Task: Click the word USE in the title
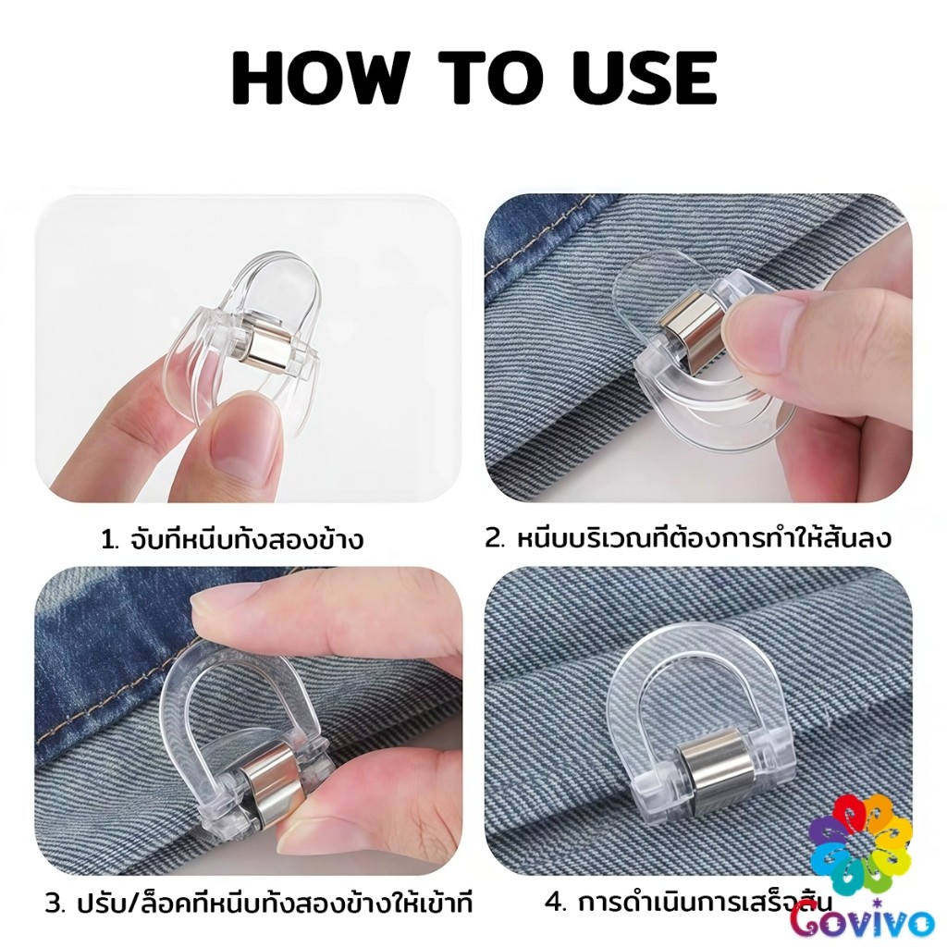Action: [x=645, y=78]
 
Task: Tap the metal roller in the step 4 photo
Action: [x=704, y=776]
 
